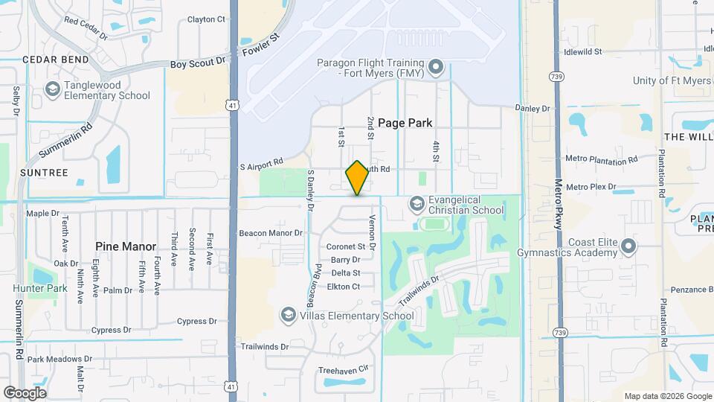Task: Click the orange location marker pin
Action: click(x=357, y=178)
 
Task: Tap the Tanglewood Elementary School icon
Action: click(x=52, y=89)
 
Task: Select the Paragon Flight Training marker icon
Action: click(x=436, y=68)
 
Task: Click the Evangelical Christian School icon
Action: click(x=416, y=203)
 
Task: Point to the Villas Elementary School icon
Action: click(x=288, y=316)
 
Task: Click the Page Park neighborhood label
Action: click(x=405, y=123)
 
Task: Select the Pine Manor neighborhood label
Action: click(x=126, y=246)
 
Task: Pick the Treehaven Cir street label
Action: click(x=344, y=368)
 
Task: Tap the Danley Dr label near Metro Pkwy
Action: click(x=533, y=108)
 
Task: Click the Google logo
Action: click(x=25, y=392)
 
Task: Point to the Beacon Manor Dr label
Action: click(x=271, y=233)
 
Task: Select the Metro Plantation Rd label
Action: click(x=602, y=159)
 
